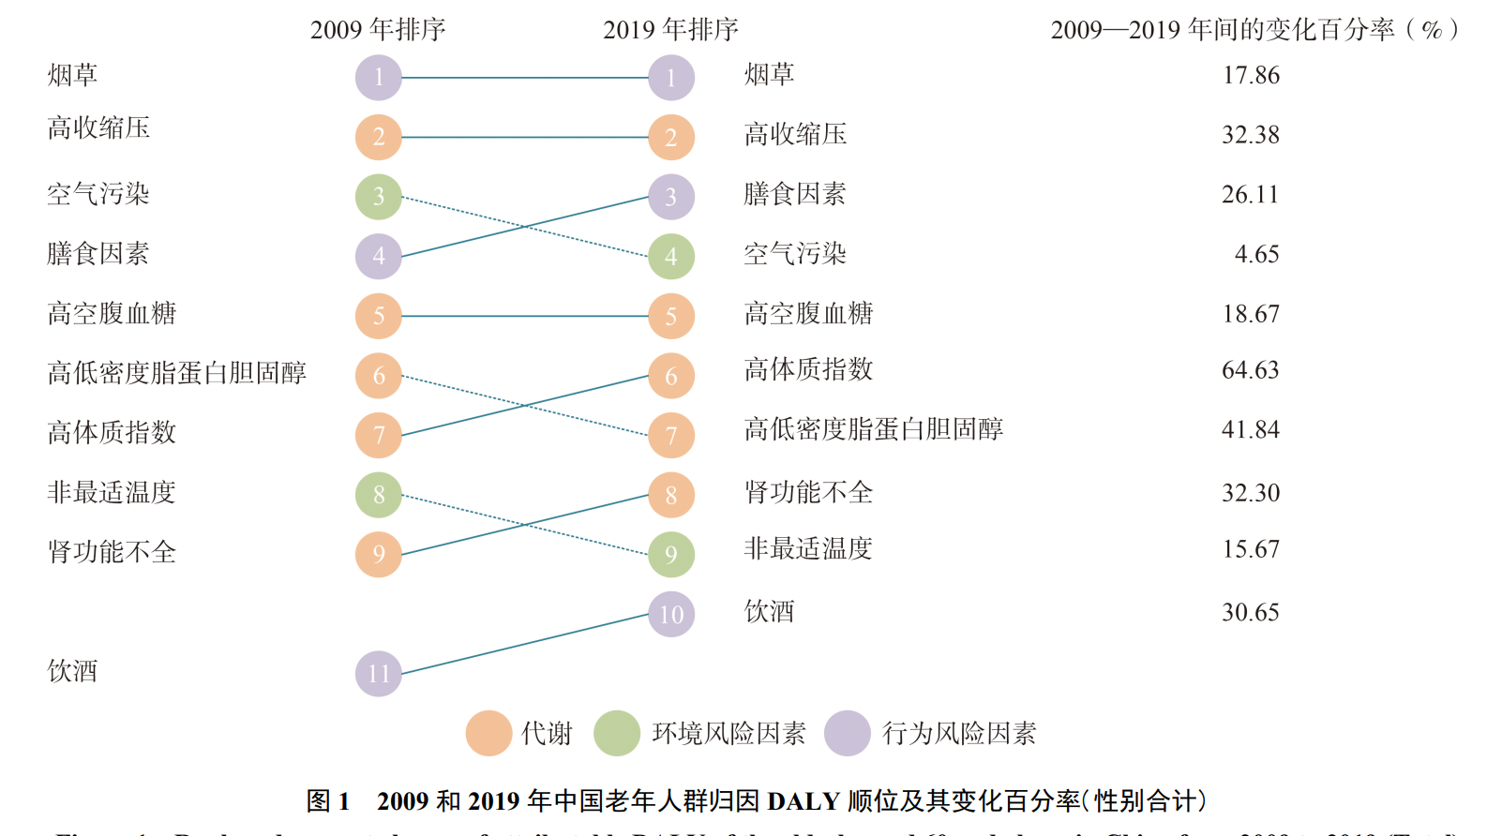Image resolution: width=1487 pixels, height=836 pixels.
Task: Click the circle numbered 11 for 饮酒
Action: click(379, 674)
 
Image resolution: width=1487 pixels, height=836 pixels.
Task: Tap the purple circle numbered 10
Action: click(671, 615)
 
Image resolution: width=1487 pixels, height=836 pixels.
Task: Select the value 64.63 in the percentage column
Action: click(1250, 370)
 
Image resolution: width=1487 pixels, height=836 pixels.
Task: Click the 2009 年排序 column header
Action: click(378, 30)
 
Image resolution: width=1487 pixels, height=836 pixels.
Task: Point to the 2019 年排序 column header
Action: click(670, 30)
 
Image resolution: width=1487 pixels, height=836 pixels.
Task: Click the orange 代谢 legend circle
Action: click(488, 733)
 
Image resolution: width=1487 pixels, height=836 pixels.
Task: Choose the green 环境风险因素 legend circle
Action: click(617, 733)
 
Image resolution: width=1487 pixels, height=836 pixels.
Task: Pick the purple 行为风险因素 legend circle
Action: click(848, 733)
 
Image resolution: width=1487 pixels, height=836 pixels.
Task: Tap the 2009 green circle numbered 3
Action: click(379, 197)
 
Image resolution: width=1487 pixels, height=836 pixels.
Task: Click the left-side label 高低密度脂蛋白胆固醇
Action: click(177, 373)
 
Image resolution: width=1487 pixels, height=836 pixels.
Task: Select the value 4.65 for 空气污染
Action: click(1256, 254)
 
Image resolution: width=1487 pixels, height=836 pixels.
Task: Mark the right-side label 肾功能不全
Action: click(808, 492)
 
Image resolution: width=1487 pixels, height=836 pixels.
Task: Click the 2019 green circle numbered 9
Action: click(671, 555)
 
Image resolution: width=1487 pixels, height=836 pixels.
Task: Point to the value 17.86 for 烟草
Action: click(1251, 76)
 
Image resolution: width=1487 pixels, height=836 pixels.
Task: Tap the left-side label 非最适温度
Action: click(112, 492)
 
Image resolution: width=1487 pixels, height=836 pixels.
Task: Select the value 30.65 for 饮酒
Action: click(1250, 612)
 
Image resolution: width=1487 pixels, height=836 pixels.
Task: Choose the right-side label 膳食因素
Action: click(795, 194)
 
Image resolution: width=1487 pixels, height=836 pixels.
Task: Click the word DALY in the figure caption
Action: click(803, 801)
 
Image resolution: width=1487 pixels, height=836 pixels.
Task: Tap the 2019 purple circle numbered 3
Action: click(671, 197)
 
